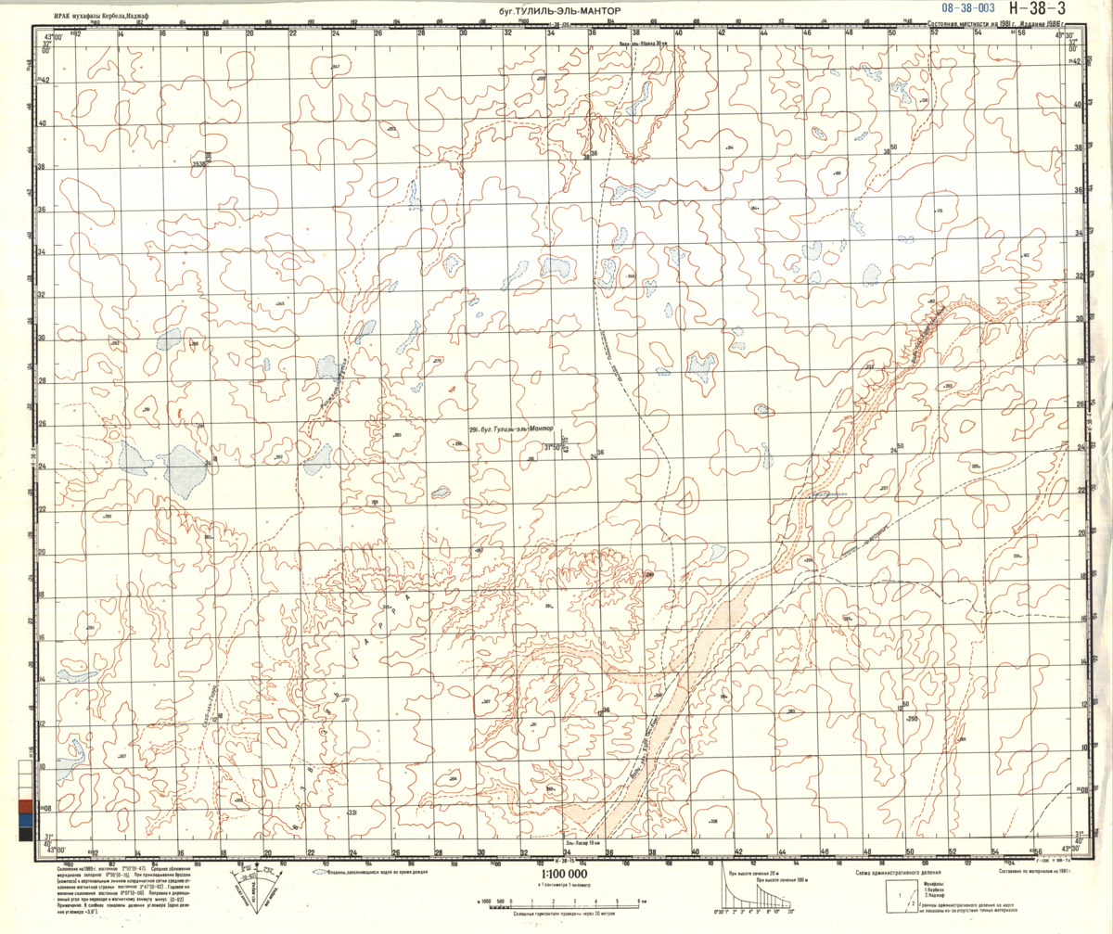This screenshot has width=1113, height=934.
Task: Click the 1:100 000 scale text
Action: (562, 874)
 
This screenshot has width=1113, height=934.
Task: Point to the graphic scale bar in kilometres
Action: (556, 902)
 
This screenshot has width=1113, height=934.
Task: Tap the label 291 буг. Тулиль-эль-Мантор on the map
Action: (511, 429)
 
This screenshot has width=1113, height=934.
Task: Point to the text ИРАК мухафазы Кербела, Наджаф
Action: (103, 14)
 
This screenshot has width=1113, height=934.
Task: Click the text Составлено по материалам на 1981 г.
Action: (1035, 872)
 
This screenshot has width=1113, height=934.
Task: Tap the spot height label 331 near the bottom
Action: (352, 812)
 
